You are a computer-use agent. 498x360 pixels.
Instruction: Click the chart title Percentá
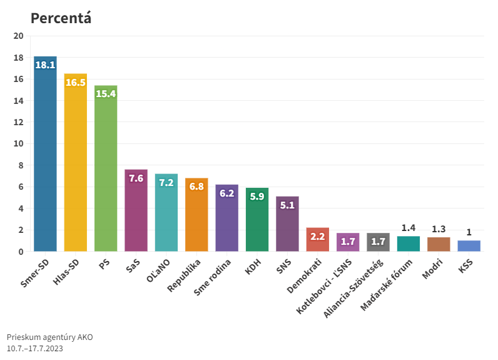coord(61,18)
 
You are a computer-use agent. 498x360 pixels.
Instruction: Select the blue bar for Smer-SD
coord(45,157)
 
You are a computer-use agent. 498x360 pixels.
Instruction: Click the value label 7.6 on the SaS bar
coord(136,178)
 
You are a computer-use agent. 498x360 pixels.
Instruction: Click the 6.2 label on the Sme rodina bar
coord(226,193)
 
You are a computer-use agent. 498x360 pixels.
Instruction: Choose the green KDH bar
coord(257,222)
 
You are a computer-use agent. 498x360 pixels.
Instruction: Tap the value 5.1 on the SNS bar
coord(287,205)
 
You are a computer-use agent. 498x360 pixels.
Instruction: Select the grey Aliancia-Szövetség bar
coord(378,242)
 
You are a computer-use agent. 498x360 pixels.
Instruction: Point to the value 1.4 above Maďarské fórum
coord(408,227)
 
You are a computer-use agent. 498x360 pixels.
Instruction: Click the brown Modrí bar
coord(439,244)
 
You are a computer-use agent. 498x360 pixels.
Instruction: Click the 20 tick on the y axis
coord(18,36)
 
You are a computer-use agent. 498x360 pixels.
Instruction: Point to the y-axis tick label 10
coord(18,144)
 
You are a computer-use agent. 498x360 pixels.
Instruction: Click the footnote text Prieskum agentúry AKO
coord(49,337)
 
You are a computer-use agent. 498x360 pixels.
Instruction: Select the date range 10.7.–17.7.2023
coord(35,348)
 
